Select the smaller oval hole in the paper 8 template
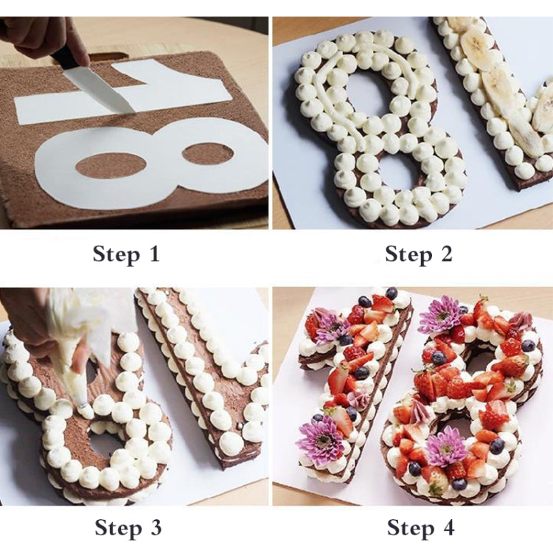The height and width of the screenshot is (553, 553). (x=207, y=154)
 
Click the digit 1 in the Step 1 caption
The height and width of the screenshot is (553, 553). (x=153, y=255)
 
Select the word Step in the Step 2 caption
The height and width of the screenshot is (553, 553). (x=408, y=255)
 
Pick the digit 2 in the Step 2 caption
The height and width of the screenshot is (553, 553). (x=446, y=255)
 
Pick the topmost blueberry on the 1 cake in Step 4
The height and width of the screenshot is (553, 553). (x=392, y=293)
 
